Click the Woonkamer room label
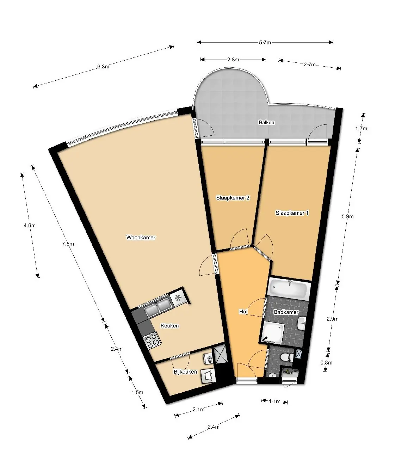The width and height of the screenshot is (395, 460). coord(141,238)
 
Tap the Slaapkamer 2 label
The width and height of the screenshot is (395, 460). coord(233,198)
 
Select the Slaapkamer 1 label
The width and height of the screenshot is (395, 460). coord(292,213)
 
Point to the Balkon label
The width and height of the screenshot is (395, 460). coord(266,122)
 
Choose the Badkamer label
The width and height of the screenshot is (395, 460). coord(286,312)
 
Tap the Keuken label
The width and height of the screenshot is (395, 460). coord(169,326)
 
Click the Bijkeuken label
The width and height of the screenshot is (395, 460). coord(185,372)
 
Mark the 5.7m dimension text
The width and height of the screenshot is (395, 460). coord(265,42)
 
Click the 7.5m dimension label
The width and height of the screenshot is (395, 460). coord(68,244)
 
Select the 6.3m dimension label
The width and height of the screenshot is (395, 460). coord(103,66)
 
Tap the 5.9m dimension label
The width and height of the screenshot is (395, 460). coord(348,216)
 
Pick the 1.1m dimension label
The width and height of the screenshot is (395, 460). coord(275,401)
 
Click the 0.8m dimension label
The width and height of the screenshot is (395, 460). coord(327,362)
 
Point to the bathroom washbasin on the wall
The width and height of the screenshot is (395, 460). coord(302,324)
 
